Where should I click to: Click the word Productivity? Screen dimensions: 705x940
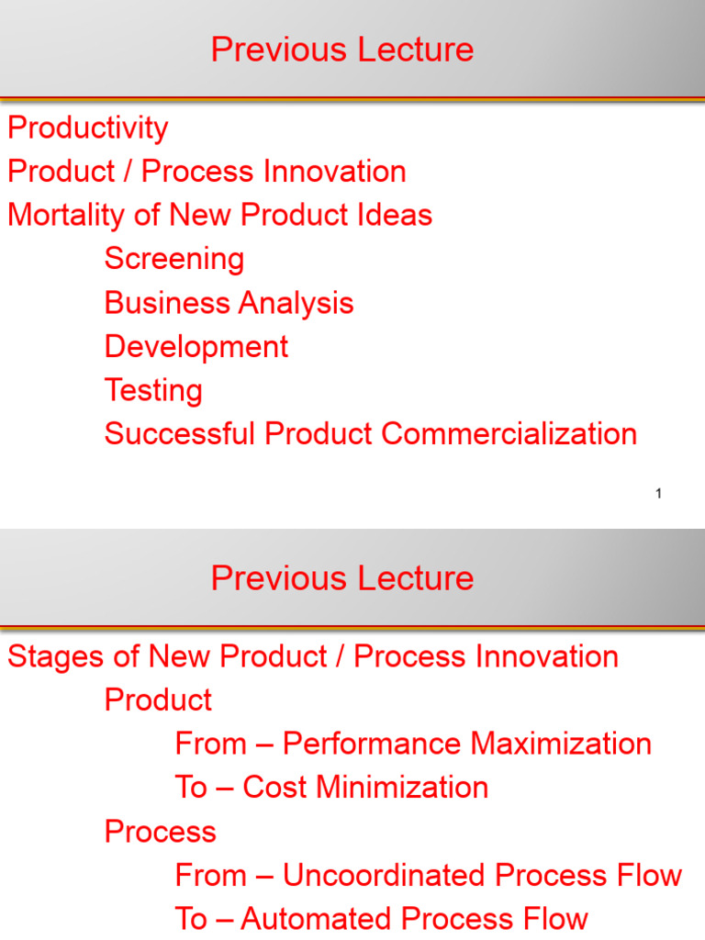[x=87, y=129]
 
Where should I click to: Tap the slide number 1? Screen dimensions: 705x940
[x=658, y=493]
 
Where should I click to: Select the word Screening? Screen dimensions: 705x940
[x=174, y=260]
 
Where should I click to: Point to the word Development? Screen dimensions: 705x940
[x=196, y=347]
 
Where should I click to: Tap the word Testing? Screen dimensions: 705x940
[x=153, y=391]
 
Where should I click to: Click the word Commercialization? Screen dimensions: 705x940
[x=509, y=433]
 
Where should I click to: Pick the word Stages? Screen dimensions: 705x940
[x=56, y=657]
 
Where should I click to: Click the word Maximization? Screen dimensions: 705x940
[x=561, y=744]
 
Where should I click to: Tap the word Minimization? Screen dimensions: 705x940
[x=402, y=788]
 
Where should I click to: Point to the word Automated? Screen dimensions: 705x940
[x=317, y=919]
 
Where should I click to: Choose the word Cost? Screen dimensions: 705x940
[x=274, y=788]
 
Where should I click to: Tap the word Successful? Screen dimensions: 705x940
[x=180, y=433]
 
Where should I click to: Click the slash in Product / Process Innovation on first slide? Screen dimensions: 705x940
[x=128, y=172]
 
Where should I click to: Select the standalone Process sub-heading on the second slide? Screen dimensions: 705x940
[x=160, y=832]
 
